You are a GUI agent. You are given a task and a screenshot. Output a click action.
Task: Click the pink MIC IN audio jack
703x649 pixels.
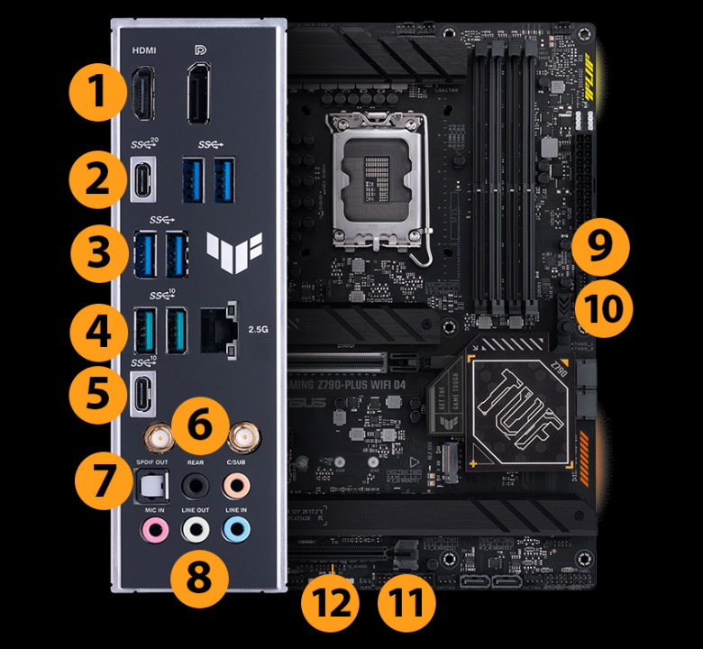point(154,528)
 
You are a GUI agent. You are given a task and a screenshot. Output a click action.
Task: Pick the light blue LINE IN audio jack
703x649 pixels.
point(236,528)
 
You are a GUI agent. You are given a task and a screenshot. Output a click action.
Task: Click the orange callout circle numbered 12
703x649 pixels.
point(329,600)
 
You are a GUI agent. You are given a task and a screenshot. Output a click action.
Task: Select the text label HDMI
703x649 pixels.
point(143,50)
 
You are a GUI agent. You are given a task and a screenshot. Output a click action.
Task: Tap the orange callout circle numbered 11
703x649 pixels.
point(405,600)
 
